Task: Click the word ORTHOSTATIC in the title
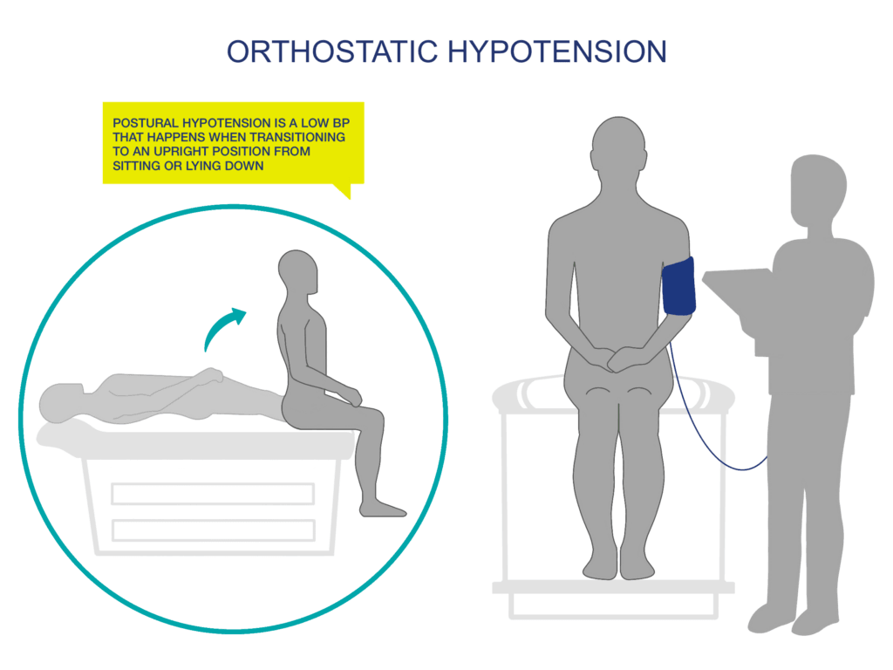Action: tap(331, 51)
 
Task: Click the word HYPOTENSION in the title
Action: tap(557, 51)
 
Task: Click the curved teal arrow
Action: tap(223, 329)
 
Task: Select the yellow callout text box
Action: tap(233, 144)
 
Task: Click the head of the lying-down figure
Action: tap(59, 404)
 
